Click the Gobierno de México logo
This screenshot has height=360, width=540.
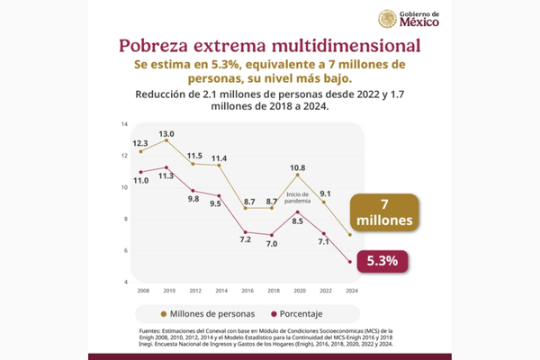409,20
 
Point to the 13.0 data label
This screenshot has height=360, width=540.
166,134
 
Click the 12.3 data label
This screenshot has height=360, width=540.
140,143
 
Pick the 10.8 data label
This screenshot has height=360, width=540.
297,167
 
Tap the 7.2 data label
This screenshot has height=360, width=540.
244,239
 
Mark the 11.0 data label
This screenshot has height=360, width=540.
140,181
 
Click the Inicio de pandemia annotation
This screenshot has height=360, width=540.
298,198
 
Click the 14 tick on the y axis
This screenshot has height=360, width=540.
125,123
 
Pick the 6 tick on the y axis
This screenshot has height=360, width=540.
127,250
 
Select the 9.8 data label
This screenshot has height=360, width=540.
193,199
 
